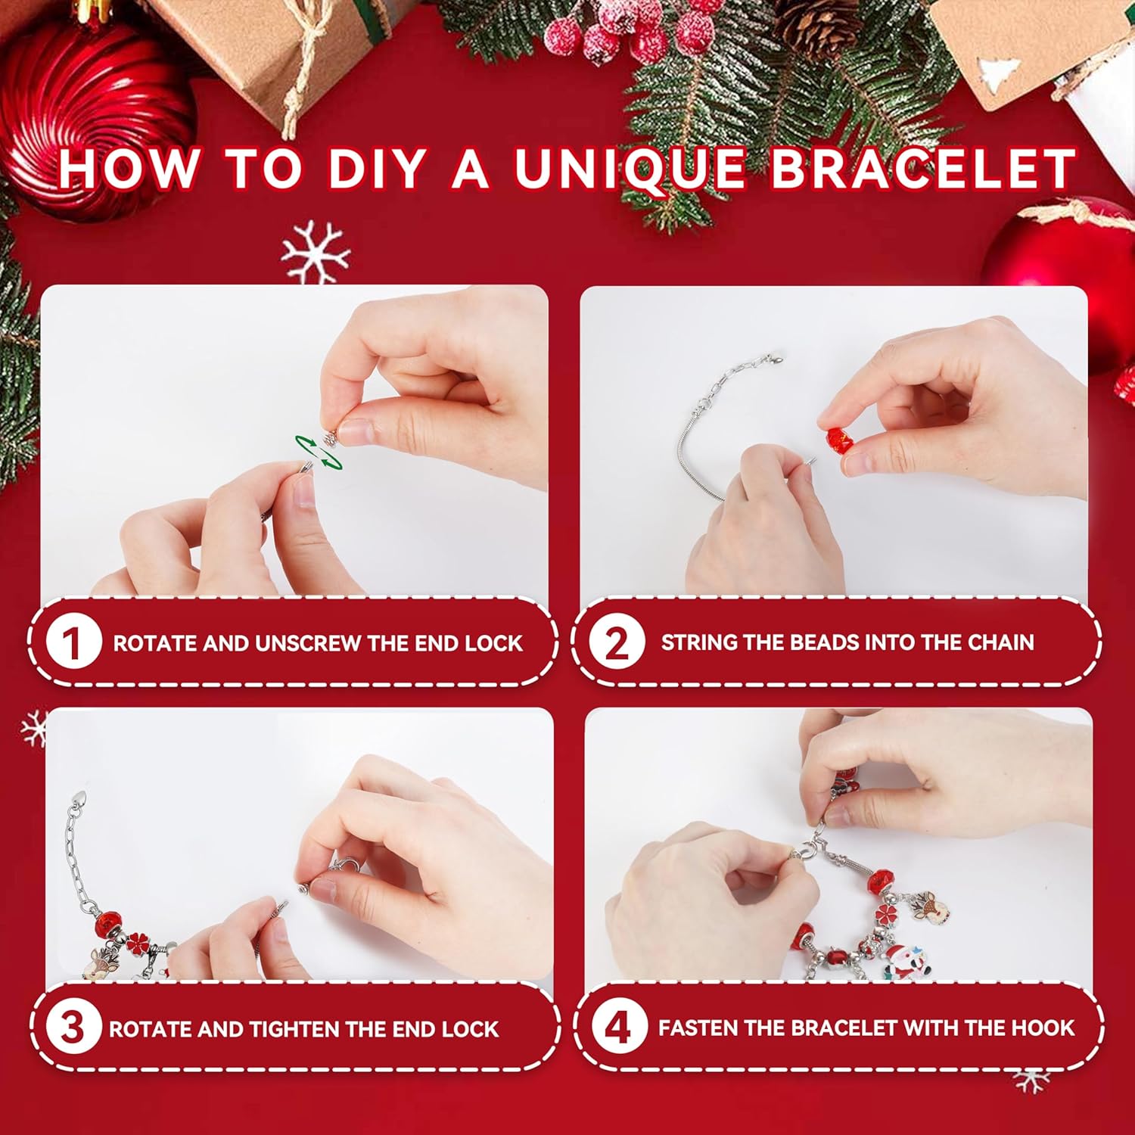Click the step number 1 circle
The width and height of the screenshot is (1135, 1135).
click(73, 642)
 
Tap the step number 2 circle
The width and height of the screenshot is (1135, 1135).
click(617, 642)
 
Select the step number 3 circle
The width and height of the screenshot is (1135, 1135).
click(73, 1028)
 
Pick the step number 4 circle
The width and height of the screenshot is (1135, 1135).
click(619, 1027)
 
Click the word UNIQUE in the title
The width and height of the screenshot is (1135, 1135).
click(630, 169)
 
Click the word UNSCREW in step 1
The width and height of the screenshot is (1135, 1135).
click(309, 643)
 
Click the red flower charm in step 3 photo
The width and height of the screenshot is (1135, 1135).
click(138, 944)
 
